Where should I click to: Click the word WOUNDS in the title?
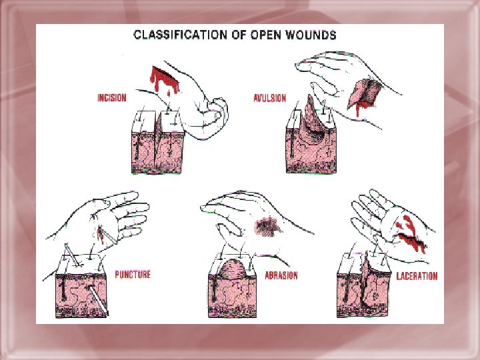pos(312,34)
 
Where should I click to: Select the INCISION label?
pos(111,98)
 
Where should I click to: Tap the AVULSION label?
pos(271,98)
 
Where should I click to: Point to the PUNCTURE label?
pos(132,274)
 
